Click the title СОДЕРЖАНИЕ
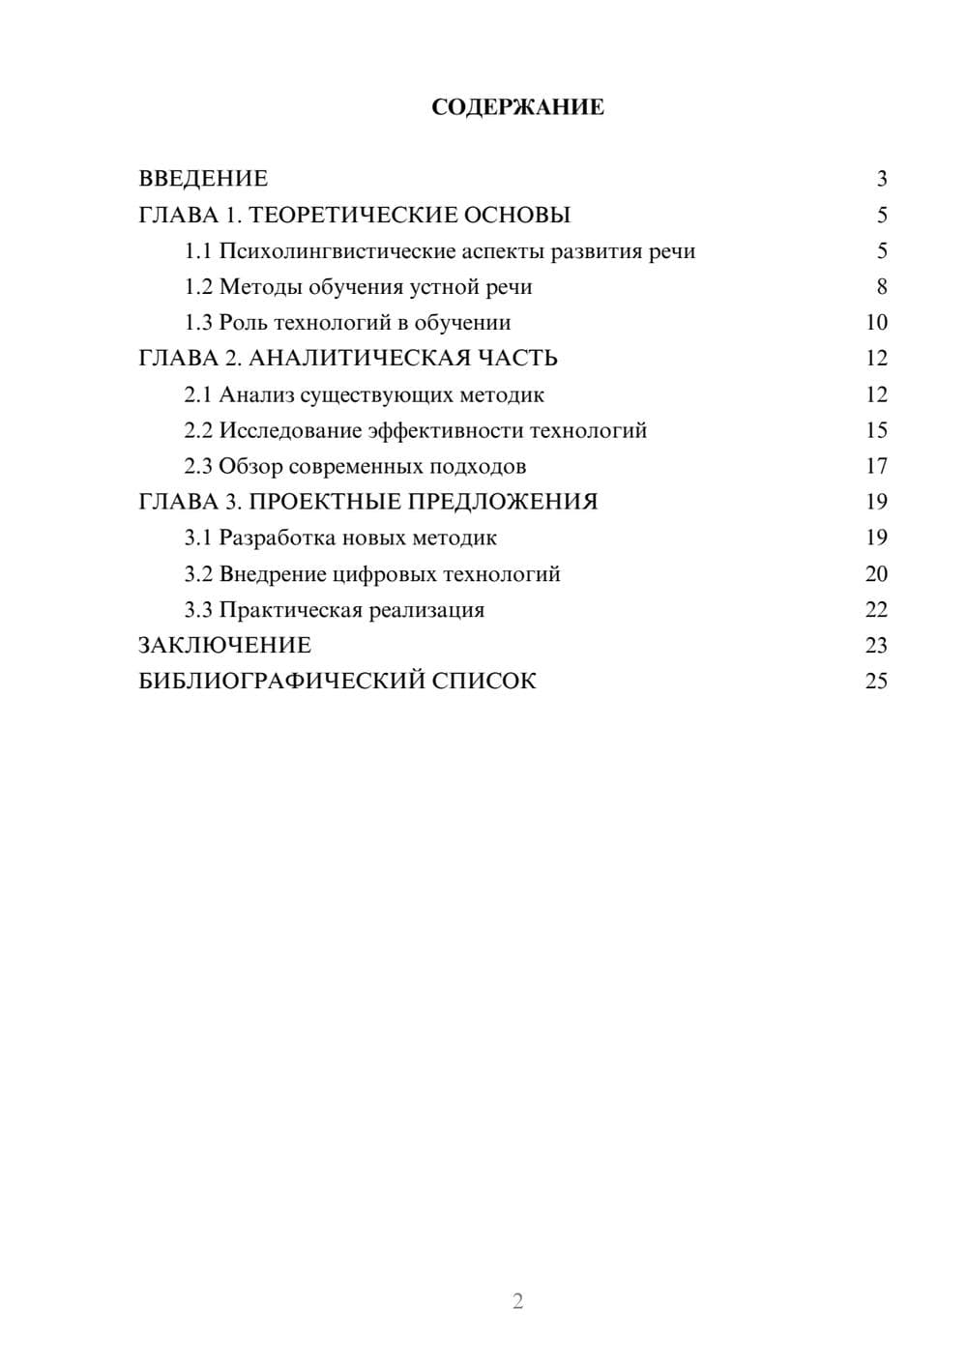[x=517, y=107]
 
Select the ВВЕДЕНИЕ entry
[x=203, y=179]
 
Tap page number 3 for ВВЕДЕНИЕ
[x=882, y=179]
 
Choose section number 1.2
[x=198, y=287]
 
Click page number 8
[x=882, y=287]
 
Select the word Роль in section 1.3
[x=243, y=323]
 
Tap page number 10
[x=876, y=323]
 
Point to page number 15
[x=876, y=430]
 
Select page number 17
[x=876, y=466]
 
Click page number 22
[x=876, y=610]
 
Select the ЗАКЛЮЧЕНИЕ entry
[x=224, y=646]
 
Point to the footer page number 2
[x=517, y=1301]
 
